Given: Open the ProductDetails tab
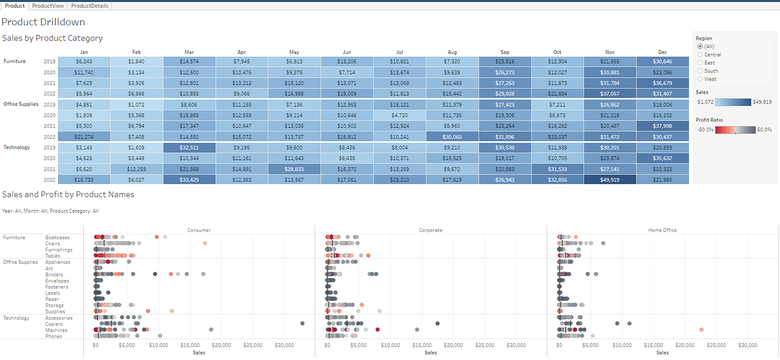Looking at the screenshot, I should click(x=90, y=6).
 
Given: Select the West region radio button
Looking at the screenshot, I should click(x=699, y=79).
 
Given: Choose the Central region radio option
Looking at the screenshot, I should click(x=699, y=55).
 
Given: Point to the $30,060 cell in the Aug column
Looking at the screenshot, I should click(x=452, y=136).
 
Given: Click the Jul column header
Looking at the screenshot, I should click(x=399, y=53).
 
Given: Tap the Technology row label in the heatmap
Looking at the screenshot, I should click(x=17, y=147).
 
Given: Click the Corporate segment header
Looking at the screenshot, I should click(x=430, y=230).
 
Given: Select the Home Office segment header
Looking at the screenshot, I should click(x=663, y=230).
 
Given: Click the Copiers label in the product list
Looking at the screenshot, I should click(x=55, y=324).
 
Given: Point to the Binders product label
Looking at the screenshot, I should click(x=55, y=275).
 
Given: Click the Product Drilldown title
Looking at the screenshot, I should click(x=44, y=22).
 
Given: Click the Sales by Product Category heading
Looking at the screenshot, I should click(x=53, y=38).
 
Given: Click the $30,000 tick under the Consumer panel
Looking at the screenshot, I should click(x=283, y=345).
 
